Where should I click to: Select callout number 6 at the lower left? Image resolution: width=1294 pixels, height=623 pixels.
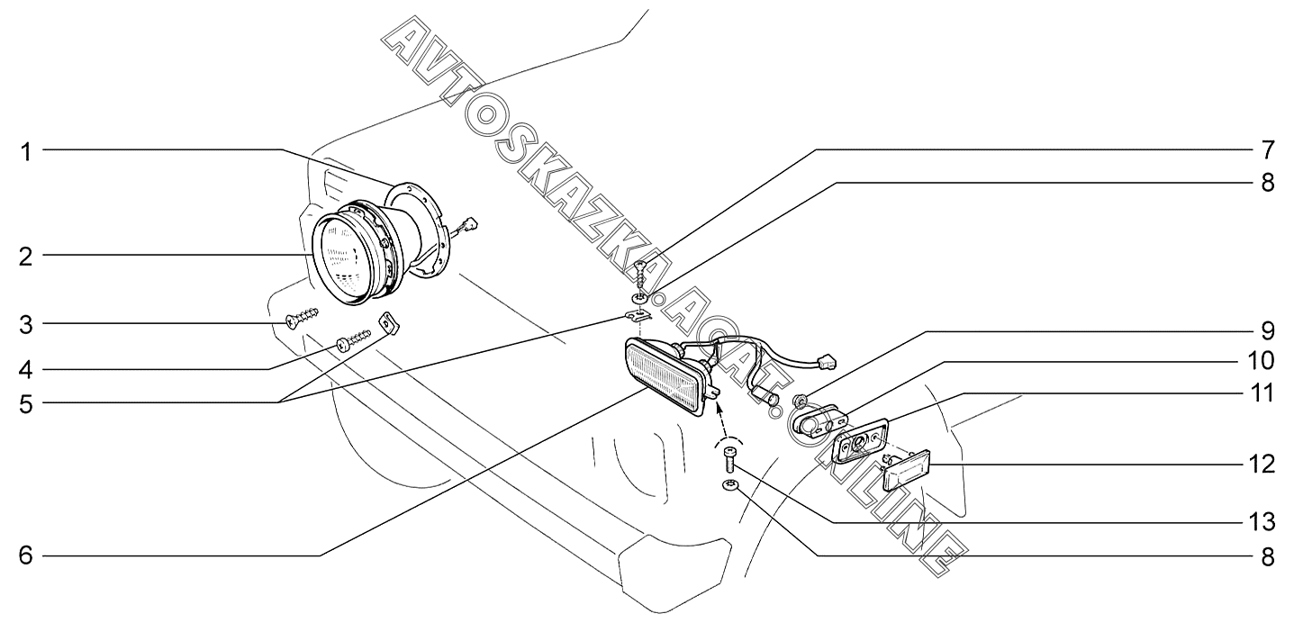coord(27,555)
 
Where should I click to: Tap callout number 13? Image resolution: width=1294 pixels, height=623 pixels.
coord(1266,521)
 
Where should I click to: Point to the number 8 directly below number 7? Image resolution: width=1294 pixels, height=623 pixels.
coord(1266,182)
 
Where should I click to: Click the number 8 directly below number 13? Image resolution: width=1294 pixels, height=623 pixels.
coord(1266,556)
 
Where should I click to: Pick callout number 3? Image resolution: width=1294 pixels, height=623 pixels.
coord(27,323)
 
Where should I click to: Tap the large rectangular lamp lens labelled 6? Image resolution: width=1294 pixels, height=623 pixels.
coord(665,378)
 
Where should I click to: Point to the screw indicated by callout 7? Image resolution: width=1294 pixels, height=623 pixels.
coord(640,271)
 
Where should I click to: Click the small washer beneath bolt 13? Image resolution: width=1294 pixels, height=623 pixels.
coord(730,487)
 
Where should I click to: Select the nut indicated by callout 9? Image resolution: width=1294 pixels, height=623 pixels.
coord(797,399)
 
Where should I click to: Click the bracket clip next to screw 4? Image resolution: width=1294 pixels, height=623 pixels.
coord(390,323)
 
